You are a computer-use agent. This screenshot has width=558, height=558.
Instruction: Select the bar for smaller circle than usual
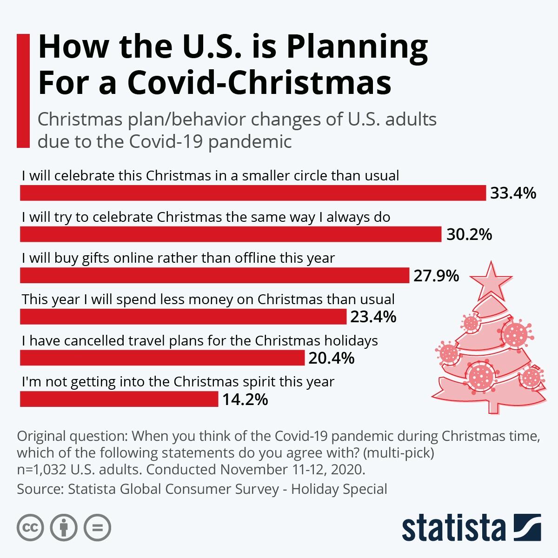coord(253,193)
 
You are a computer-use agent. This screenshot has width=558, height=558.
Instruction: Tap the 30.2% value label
coord(469,234)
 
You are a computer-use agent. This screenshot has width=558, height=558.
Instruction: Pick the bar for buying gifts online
coord(214,275)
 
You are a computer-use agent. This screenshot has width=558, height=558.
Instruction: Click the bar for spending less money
coord(183,317)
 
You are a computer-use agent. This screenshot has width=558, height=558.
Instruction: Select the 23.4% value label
coord(373,317)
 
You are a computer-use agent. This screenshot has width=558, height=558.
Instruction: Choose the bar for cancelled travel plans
coord(162,358)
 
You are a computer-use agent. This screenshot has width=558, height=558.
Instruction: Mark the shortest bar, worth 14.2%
coord(119,399)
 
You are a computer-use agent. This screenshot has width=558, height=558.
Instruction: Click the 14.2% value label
coord(245,399)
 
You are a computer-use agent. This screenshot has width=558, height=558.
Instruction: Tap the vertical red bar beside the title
coord(23,90)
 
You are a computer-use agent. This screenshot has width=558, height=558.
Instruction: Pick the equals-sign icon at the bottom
coord(97,527)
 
